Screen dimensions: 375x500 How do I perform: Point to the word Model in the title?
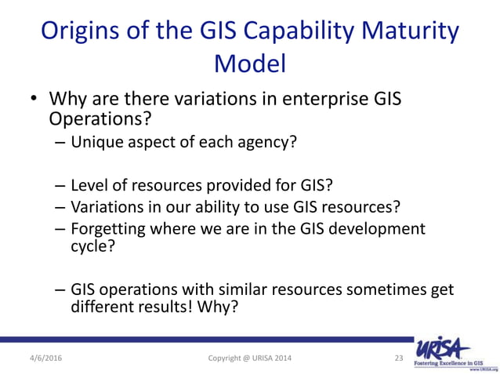250,63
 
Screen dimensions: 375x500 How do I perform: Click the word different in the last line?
99,307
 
